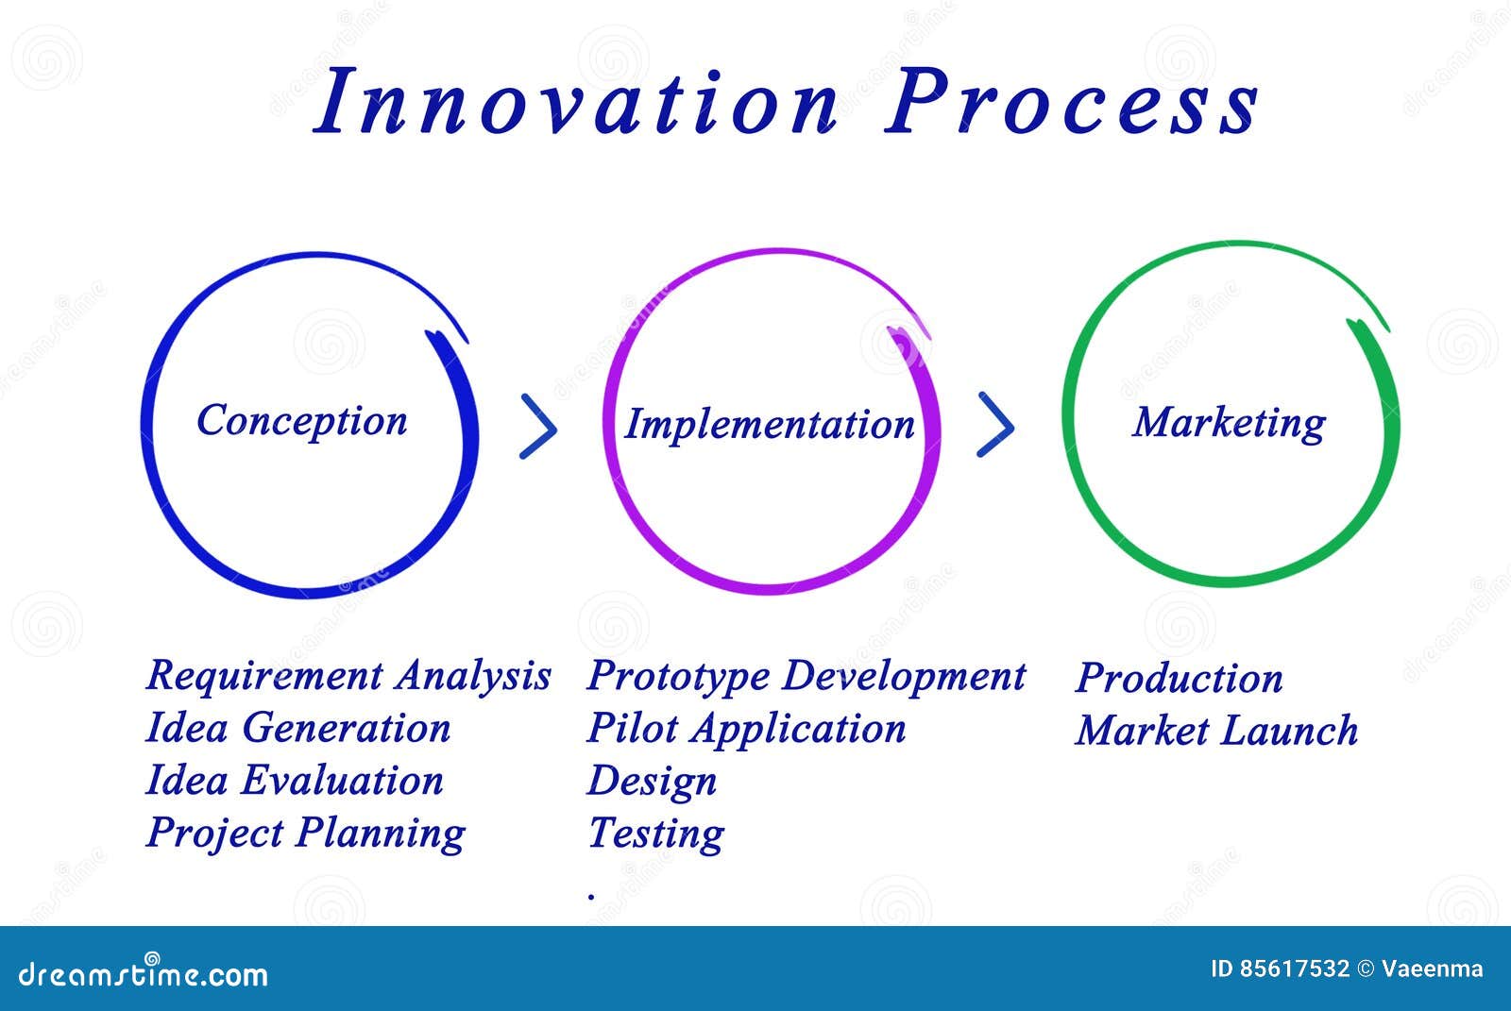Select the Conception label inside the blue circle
tap(302, 421)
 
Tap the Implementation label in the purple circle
tap(770, 425)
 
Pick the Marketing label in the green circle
tap(1229, 423)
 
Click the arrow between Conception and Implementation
tap(539, 428)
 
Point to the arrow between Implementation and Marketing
tap(996, 425)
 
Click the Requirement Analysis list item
tap(348, 676)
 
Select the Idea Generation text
tap(298, 728)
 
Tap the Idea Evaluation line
tap(295, 781)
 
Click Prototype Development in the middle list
tap(806, 676)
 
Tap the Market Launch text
tap(1216, 731)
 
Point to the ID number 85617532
tap(1294, 969)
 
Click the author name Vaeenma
tap(1433, 969)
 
